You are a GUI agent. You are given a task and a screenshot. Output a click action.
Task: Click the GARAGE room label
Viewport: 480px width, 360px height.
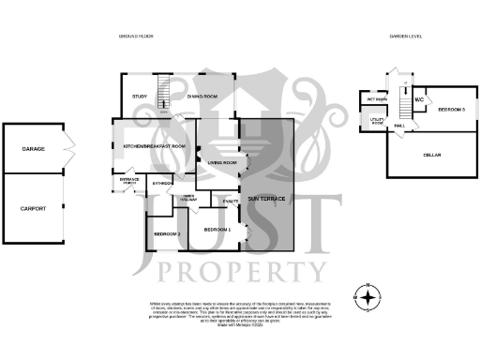coord(34,149)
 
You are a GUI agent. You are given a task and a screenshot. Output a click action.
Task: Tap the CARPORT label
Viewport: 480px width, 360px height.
coord(34,208)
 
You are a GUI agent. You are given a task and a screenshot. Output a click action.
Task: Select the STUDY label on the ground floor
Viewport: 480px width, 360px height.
coord(141,97)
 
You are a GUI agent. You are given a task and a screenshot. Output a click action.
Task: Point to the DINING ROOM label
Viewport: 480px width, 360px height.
coord(202,97)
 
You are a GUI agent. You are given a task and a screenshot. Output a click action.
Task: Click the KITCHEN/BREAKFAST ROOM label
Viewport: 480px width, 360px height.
coord(154,147)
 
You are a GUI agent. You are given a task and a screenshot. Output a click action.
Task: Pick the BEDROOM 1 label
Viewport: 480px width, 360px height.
coord(217,230)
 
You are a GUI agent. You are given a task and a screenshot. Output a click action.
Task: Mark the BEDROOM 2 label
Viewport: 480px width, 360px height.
coord(167,233)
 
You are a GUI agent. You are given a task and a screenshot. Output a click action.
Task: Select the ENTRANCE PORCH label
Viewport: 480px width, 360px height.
coord(129,180)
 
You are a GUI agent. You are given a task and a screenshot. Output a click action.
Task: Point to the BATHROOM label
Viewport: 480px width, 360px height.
coord(162,183)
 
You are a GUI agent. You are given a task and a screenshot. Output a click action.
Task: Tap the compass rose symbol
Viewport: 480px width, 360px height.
coord(371,298)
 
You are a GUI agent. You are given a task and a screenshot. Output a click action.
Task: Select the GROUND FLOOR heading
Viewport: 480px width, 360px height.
coord(135,37)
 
